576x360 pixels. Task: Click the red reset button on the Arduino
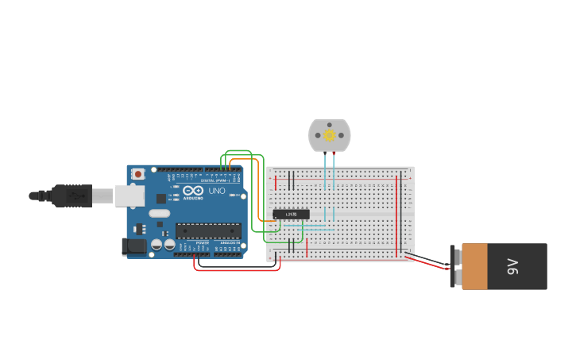(138, 173)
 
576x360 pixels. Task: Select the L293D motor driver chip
(291, 215)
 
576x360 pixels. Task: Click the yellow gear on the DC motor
(329, 135)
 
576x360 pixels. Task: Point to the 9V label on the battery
(513, 267)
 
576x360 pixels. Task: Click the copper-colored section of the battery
(474, 266)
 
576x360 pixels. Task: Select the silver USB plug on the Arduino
(130, 195)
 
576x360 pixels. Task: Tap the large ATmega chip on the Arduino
(208, 230)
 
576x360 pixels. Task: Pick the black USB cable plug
(72, 195)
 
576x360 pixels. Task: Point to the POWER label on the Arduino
(203, 242)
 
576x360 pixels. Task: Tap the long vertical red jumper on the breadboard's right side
(396, 215)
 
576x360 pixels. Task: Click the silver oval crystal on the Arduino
(159, 212)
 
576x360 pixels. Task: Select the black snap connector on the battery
(456, 266)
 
